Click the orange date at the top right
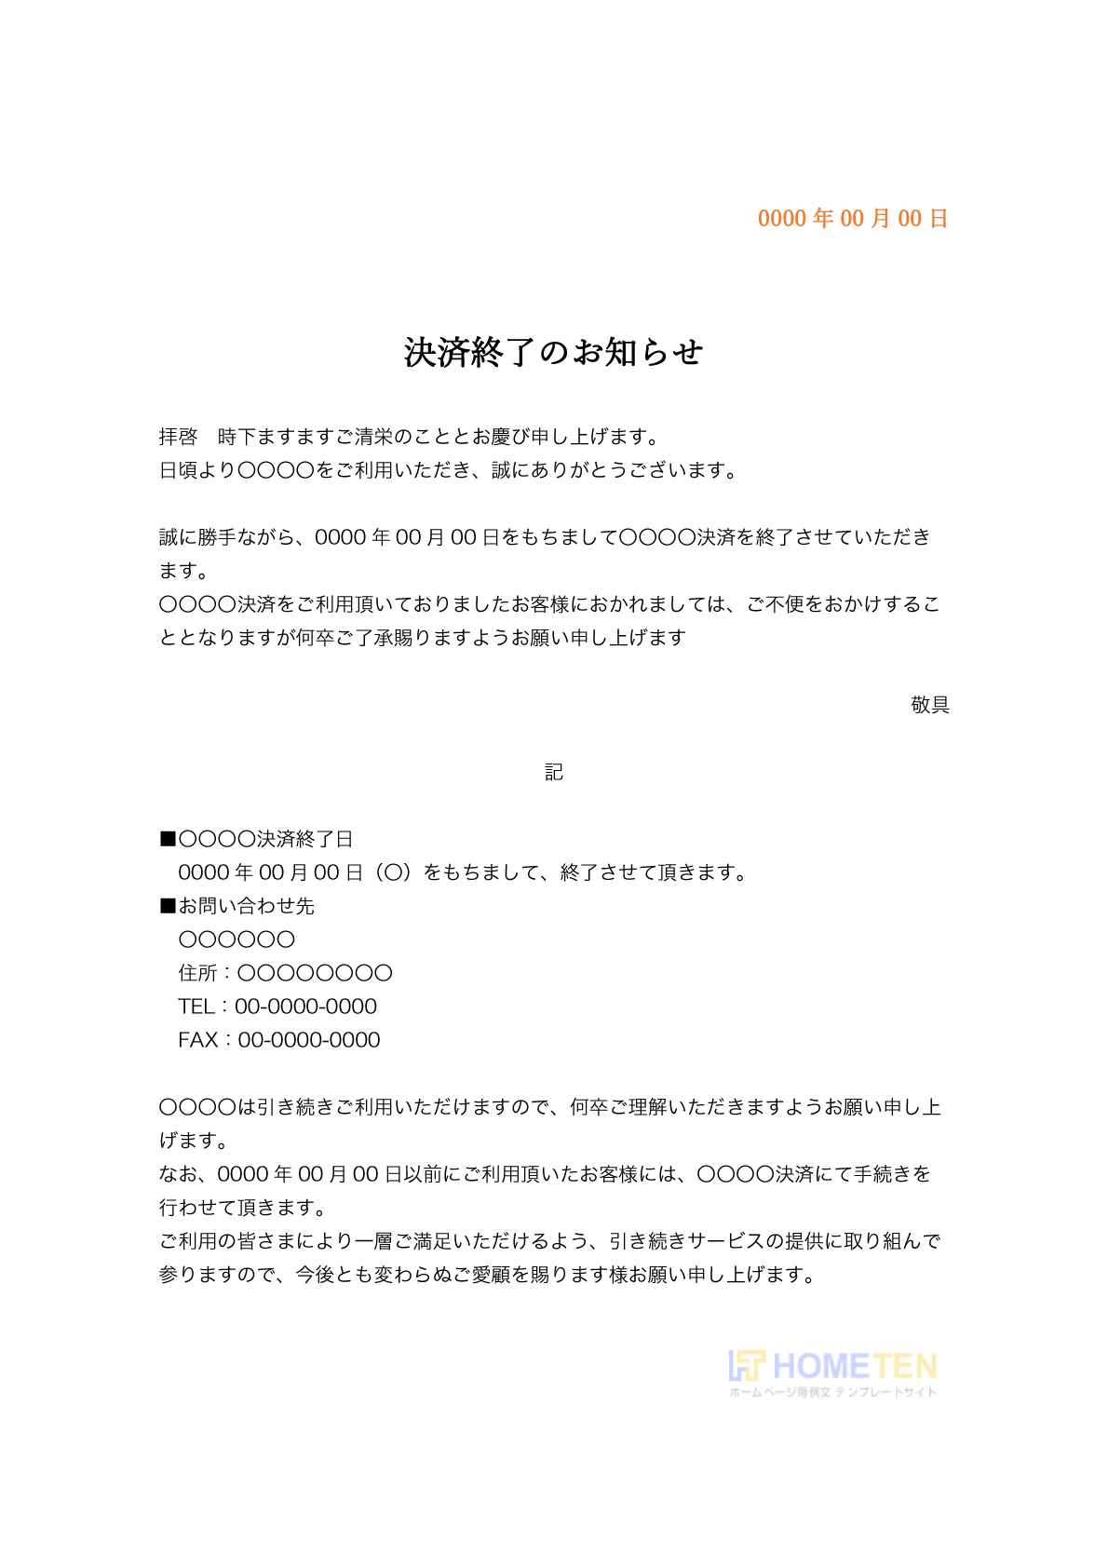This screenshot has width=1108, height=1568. coord(852,219)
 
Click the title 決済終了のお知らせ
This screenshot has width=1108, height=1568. coord(553,353)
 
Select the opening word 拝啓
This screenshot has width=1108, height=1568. coord(178,437)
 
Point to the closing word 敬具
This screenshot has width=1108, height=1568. coord(929,705)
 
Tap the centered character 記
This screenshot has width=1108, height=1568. coord(554,772)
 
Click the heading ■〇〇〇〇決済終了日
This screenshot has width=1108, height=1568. coord(257,839)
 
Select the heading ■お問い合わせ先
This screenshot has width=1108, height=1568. coord(237,906)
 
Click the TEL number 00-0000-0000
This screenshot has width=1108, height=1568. coord(305,1007)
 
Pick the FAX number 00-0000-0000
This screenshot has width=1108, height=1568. coord(309,1040)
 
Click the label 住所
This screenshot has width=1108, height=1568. coord(197,973)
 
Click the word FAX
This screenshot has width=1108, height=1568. coord(197,1040)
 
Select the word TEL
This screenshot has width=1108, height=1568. coord(196,1007)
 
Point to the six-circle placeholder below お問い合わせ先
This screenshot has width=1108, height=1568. coord(236,939)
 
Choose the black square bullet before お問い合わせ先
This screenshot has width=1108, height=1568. coord(168,906)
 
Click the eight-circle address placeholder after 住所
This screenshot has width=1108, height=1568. coord(315,973)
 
